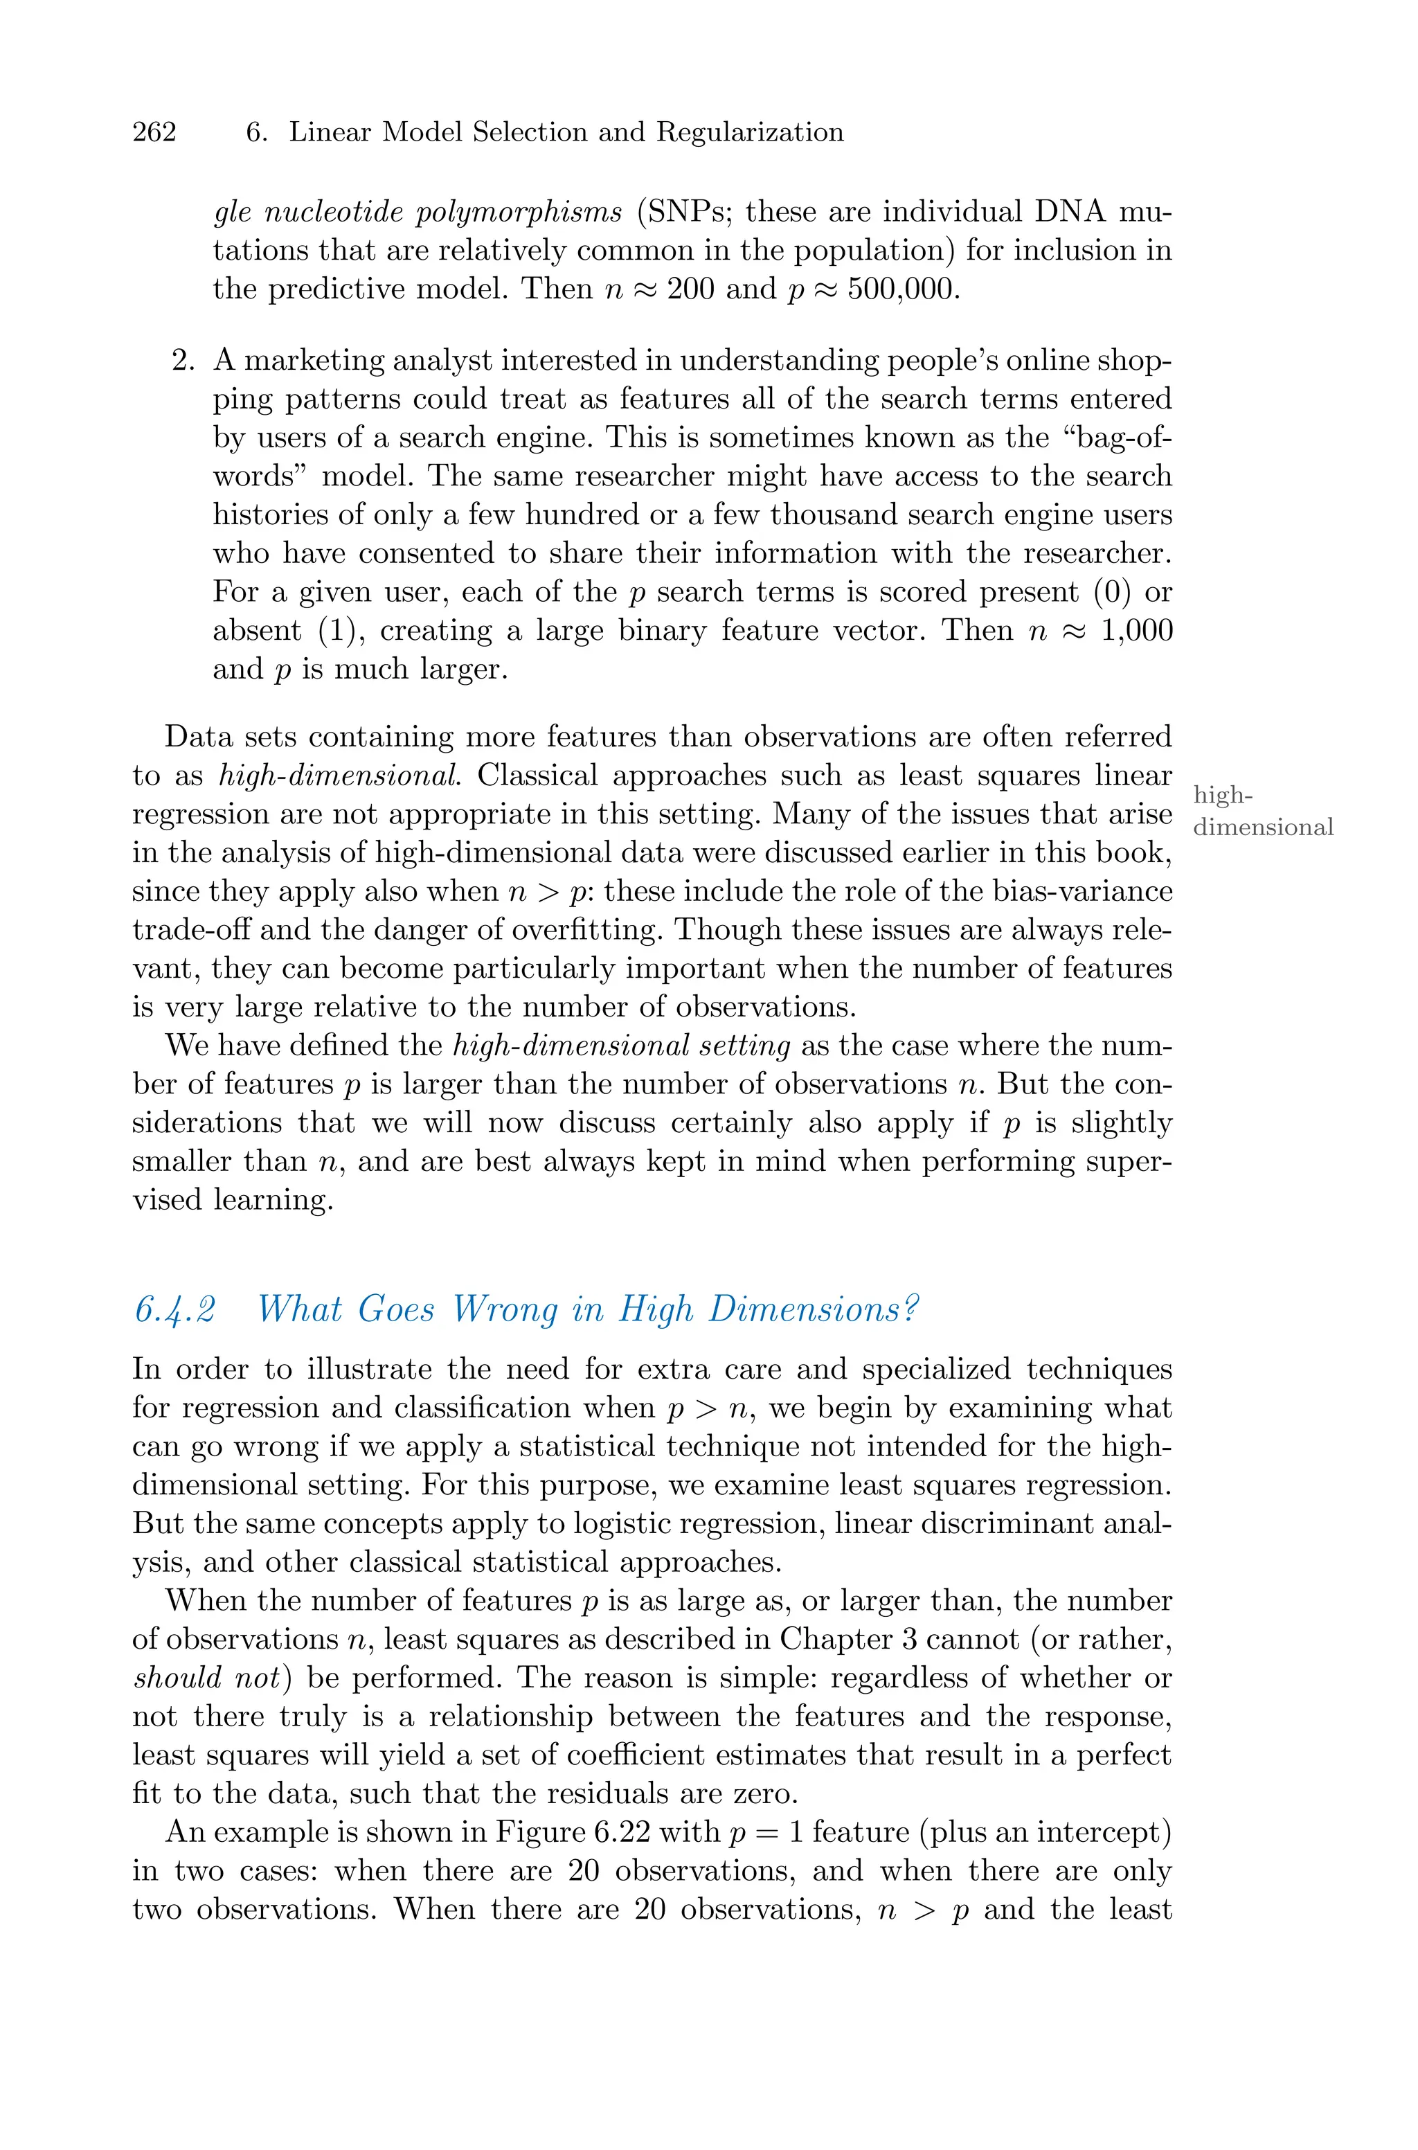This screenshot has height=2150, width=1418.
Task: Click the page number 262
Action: [x=154, y=132]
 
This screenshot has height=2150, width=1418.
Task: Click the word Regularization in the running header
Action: [x=750, y=132]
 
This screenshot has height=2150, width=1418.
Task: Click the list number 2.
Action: [x=183, y=360]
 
